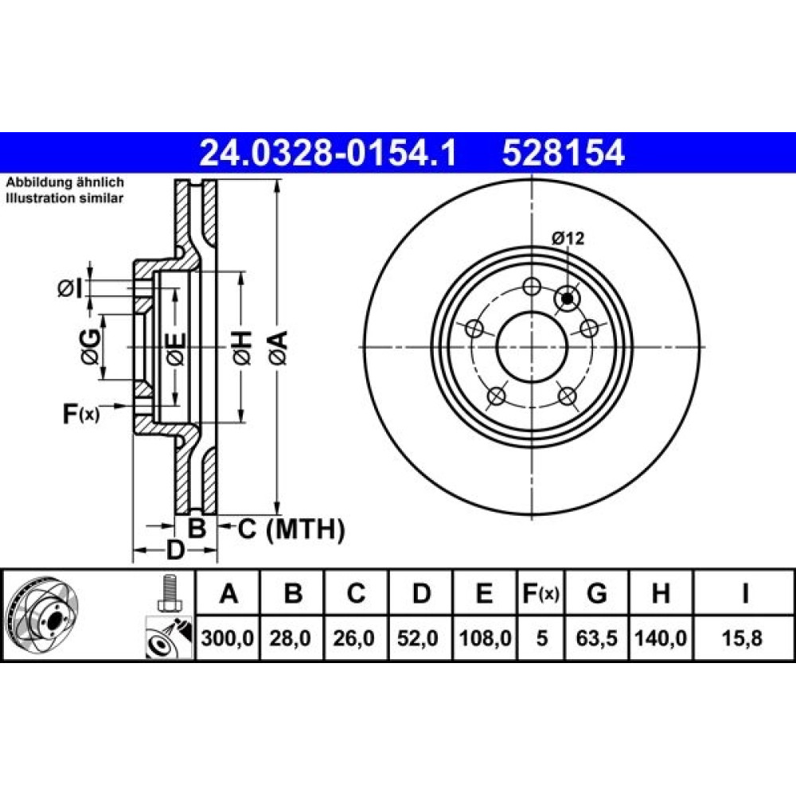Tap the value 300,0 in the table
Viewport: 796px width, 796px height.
[x=229, y=638]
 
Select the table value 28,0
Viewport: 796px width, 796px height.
[x=293, y=638]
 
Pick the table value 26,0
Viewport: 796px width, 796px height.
[x=357, y=638]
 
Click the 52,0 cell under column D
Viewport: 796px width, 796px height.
[x=421, y=638]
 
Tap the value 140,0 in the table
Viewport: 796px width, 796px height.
[x=661, y=638]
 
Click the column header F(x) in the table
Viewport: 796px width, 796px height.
[x=541, y=593]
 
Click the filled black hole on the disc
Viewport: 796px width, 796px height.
[x=568, y=298]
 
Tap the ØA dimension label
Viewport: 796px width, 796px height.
[x=276, y=347]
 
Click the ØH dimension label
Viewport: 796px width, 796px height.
[x=242, y=347]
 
